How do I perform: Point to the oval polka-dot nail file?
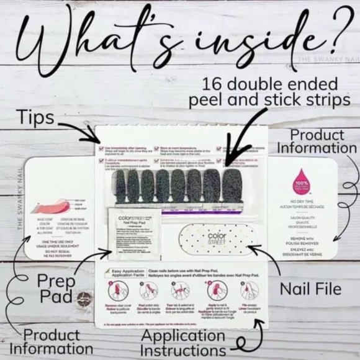tap(215, 238)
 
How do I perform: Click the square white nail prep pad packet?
tap(132, 233)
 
